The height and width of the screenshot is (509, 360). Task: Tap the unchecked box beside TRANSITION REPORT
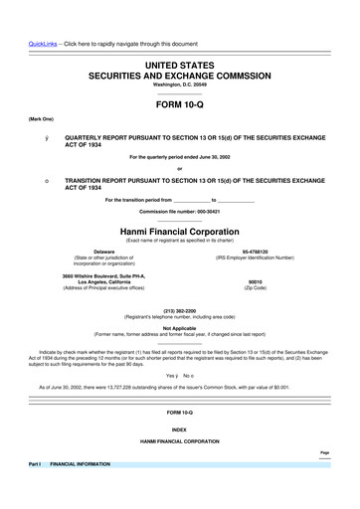coord(35,179)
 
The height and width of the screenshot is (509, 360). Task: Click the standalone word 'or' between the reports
coord(180,166)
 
